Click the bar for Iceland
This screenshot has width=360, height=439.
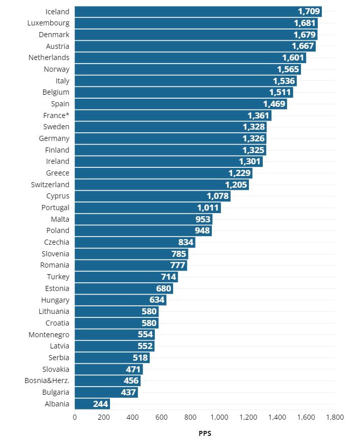point(198,11)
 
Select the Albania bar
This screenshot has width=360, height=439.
point(92,404)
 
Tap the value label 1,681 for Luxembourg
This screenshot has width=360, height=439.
point(305,23)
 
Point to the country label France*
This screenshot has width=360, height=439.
point(56,115)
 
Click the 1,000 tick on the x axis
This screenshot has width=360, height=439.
point(219,417)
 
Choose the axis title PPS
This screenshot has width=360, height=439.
point(205,434)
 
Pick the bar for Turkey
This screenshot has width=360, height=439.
point(126,277)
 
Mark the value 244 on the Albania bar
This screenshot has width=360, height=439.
point(100,404)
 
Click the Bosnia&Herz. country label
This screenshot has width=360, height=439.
point(47,381)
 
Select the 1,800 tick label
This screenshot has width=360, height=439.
point(335,417)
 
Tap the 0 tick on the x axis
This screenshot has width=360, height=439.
point(75,417)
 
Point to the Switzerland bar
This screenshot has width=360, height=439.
point(161,185)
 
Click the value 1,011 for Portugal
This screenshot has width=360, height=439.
point(208,208)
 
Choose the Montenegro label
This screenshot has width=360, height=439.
point(49,335)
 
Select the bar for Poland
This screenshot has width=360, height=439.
point(143,230)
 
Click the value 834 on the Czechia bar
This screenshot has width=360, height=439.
point(186,242)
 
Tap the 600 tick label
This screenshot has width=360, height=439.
point(161,417)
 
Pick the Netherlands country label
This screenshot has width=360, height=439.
point(49,57)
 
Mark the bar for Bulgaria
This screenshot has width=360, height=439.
point(106,392)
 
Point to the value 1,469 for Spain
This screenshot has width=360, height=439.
point(274,104)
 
